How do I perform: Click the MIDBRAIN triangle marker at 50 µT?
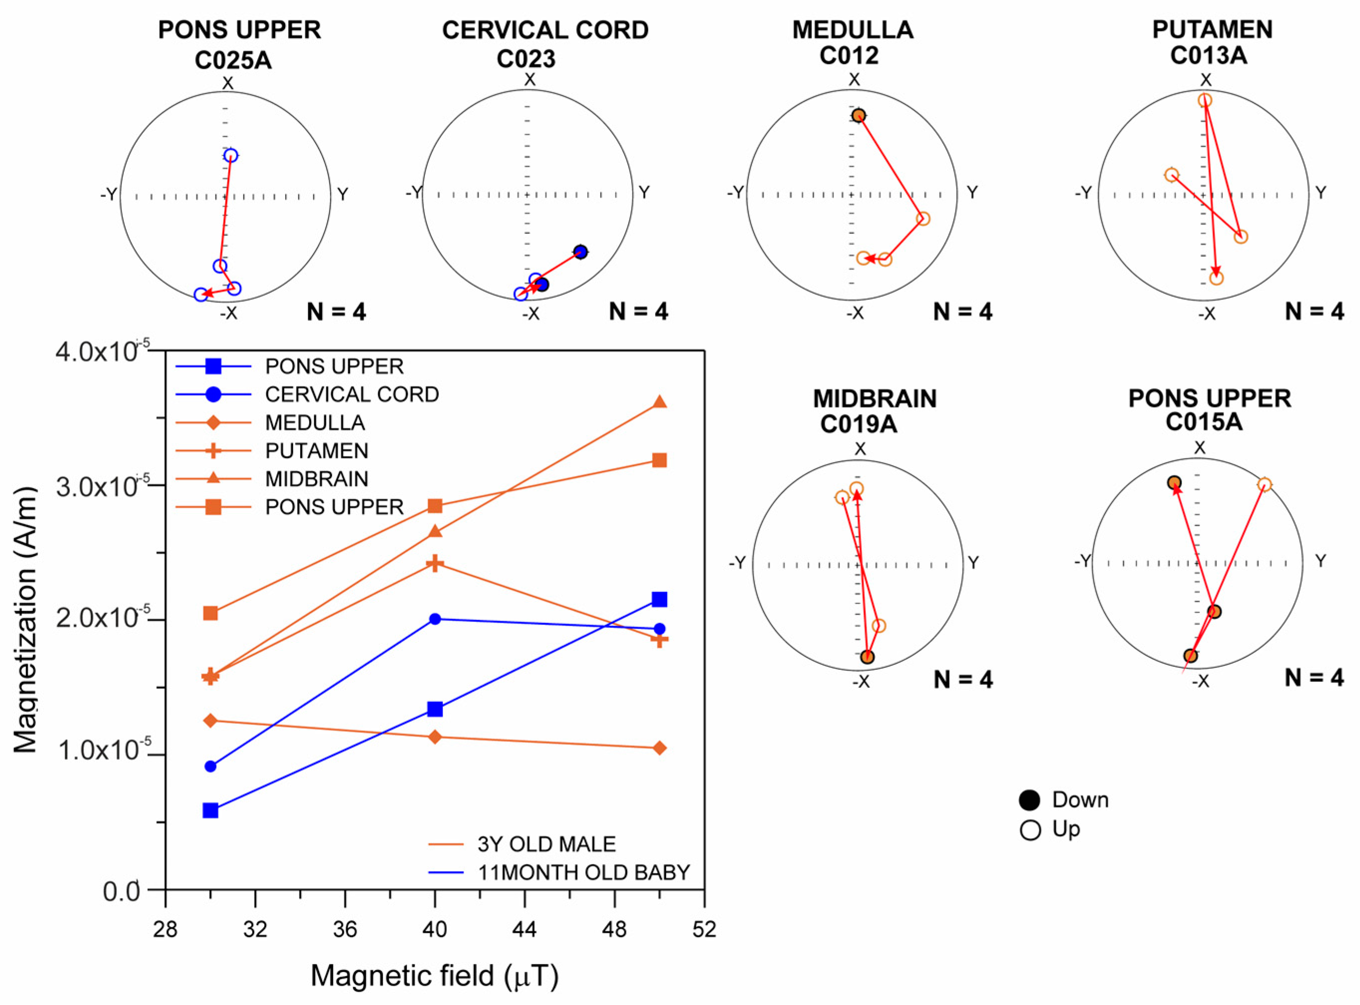(660, 402)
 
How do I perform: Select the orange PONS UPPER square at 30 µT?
(210, 613)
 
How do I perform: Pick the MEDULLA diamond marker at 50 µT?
(660, 748)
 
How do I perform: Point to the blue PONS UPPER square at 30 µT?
(210, 810)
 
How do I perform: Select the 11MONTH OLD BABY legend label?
(584, 873)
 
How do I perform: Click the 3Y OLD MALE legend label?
(546, 844)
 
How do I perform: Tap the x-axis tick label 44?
(524, 930)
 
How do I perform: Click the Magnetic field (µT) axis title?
(434, 976)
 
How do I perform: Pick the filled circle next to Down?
(1030, 801)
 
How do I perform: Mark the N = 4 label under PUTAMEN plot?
(1315, 312)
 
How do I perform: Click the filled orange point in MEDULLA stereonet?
(858, 116)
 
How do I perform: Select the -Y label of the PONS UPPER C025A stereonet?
(109, 195)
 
